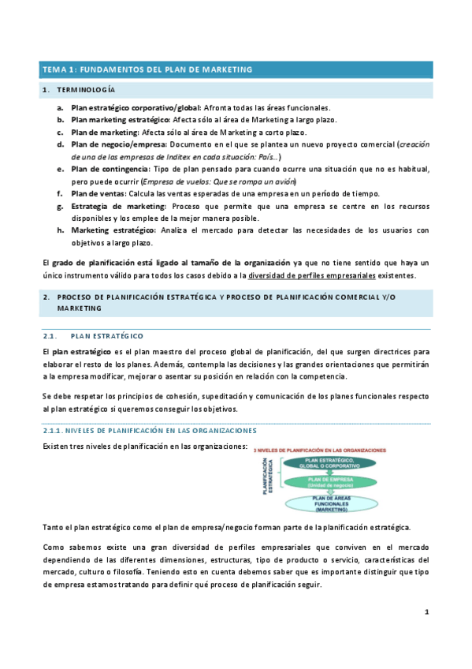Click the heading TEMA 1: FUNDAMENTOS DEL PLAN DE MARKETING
147,69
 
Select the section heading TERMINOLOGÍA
86,92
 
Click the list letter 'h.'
61,230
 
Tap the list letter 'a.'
61,107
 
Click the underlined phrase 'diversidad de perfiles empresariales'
311,275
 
